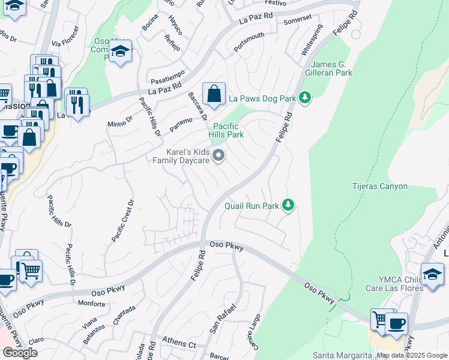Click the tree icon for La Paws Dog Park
click(x=306, y=97)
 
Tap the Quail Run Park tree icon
click(x=289, y=206)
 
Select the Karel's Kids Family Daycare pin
click(x=219, y=157)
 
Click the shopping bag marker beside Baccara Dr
click(x=214, y=94)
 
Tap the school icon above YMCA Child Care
click(x=432, y=274)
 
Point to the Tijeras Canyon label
click(x=379, y=187)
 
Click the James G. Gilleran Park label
click(x=332, y=68)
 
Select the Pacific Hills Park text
click(x=226, y=130)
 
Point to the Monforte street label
click(x=91, y=304)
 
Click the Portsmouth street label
click(x=249, y=43)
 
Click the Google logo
click(x=20, y=353)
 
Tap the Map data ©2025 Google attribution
click(x=412, y=355)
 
